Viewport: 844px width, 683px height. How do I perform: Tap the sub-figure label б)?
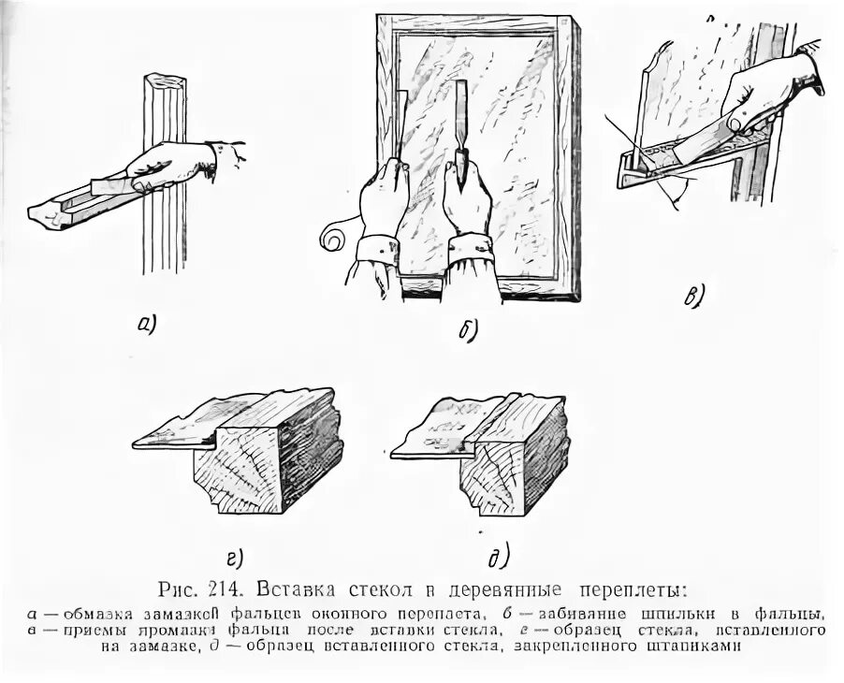point(469,328)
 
